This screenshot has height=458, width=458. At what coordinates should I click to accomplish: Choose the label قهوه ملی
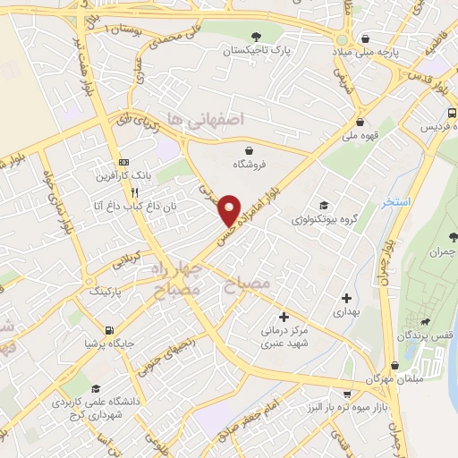tap(360, 136)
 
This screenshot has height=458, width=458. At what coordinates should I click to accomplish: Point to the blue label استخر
tap(395, 202)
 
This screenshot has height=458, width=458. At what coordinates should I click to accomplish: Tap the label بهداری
tap(347, 312)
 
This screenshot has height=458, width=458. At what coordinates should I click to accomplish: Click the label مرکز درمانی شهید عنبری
tap(284, 333)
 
